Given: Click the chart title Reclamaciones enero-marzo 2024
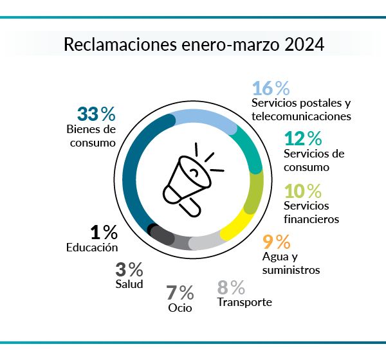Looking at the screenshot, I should pyautogui.click(x=193, y=46).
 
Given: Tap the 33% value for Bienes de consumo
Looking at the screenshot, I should pyautogui.click(x=96, y=114).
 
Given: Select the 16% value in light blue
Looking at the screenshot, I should pyautogui.click(x=271, y=88).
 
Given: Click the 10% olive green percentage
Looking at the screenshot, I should pyautogui.click(x=304, y=191).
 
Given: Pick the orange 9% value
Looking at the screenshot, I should pyautogui.click(x=277, y=242).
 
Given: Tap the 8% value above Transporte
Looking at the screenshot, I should pyautogui.click(x=231, y=287).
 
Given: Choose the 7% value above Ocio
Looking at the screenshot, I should pyautogui.click(x=180, y=292).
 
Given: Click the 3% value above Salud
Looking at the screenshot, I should pyautogui.click(x=129, y=269).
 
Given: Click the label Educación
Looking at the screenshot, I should pyautogui.click(x=93, y=248).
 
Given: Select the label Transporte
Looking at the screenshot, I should pyautogui.click(x=244, y=302).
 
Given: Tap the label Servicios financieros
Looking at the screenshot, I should pyautogui.click(x=311, y=212).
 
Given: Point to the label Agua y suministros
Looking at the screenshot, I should pyautogui.click(x=291, y=263).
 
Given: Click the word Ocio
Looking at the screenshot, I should pyautogui.click(x=180, y=307).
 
